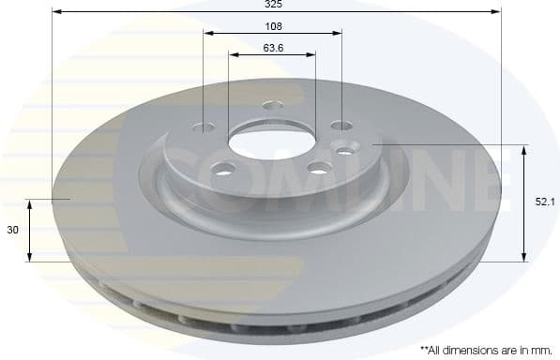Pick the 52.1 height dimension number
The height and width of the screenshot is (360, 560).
[x=542, y=201]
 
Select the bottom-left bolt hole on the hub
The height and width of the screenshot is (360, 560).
[x=224, y=170]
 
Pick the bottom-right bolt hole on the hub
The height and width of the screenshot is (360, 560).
[x=319, y=169]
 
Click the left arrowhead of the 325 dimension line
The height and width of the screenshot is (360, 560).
[x=55, y=12]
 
